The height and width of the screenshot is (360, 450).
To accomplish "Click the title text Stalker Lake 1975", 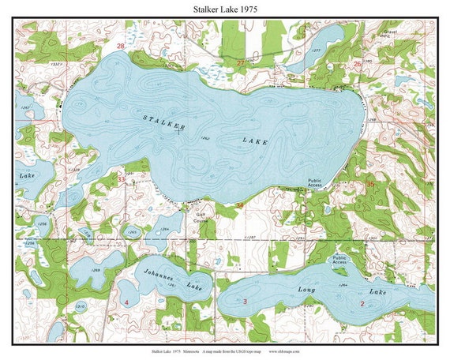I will click(224, 9).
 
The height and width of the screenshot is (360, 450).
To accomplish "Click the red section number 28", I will click(120, 47).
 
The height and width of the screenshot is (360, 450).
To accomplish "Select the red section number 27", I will click(240, 62).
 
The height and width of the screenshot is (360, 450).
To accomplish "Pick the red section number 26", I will click(357, 64).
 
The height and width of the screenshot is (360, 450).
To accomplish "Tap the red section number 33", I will click(121, 180).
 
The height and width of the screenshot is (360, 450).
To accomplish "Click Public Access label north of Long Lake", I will click(340, 260).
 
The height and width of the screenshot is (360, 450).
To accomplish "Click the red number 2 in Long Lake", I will click(362, 303).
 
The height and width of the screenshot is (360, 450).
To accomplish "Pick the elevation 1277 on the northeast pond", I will click(317, 50).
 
